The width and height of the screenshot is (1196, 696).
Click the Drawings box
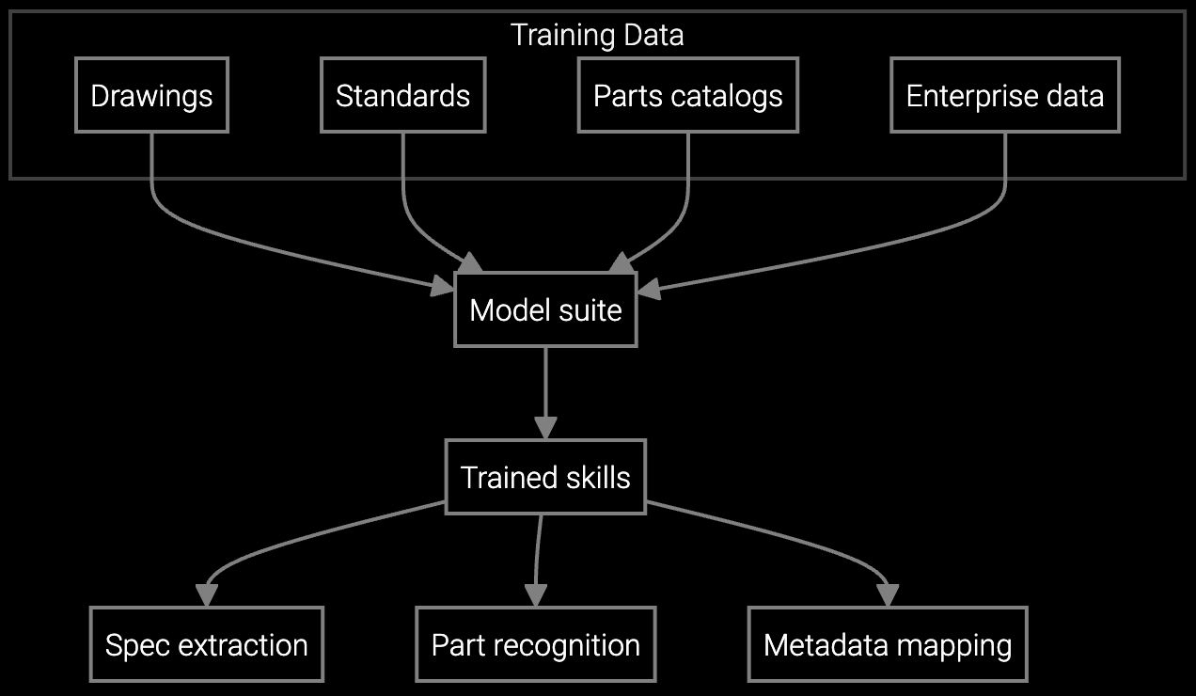click(x=151, y=95)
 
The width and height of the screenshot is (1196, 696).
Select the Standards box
click(x=402, y=95)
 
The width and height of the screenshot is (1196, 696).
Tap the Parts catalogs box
click(x=687, y=95)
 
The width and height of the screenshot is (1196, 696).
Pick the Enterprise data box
click(x=1004, y=95)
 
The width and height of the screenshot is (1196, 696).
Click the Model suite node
click(x=545, y=309)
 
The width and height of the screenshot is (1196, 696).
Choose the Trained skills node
click(x=545, y=477)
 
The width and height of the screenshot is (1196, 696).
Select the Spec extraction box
click(x=206, y=644)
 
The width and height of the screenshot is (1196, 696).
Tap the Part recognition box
click(x=535, y=644)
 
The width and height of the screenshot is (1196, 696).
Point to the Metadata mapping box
click(x=887, y=644)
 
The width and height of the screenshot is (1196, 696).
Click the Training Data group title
click(x=597, y=35)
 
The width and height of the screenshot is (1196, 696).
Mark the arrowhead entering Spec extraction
click(x=206, y=596)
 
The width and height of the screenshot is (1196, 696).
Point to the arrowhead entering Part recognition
click(x=535, y=596)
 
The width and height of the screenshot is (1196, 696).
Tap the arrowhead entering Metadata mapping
click(x=887, y=596)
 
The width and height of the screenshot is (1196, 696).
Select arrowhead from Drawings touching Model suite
click(x=443, y=287)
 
